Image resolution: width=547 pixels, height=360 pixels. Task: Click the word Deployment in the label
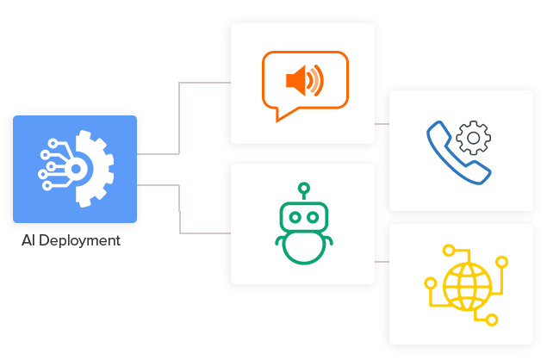point(79,241)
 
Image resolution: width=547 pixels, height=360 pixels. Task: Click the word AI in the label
point(28,240)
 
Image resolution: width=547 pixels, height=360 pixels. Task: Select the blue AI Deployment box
point(75,169)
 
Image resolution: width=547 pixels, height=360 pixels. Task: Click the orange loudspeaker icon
point(304,81)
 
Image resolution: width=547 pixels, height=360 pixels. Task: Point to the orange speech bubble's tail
point(281,116)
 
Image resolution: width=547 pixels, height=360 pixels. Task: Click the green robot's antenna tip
point(304,188)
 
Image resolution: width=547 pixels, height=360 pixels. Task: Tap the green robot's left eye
point(295,218)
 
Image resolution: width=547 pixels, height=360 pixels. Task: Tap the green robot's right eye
point(313,218)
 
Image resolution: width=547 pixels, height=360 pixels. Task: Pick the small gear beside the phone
point(474,138)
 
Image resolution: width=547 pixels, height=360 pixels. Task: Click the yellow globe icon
point(467,287)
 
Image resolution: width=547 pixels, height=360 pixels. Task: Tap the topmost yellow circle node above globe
point(449,251)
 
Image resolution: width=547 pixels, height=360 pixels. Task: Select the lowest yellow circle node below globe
point(492,320)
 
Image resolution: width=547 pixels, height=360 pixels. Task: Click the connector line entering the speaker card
point(179,118)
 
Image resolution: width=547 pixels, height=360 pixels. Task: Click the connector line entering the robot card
point(180,209)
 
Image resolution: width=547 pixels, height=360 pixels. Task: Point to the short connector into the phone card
point(382,124)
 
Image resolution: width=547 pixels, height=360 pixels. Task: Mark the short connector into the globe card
point(382,262)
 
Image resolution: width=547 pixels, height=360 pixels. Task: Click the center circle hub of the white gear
point(76,169)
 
